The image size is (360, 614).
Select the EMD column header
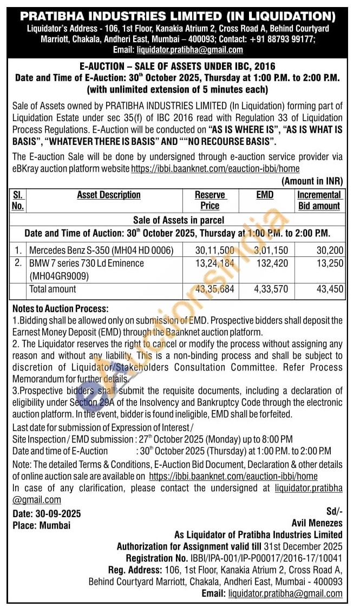click(x=265, y=195)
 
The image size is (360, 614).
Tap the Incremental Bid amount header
click(x=319, y=200)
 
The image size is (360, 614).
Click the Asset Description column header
click(x=109, y=195)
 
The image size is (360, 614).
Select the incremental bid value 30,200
click(x=330, y=250)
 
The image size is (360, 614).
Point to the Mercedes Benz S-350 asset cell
click(x=101, y=250)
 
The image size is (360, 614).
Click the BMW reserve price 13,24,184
click(x=215, y=263)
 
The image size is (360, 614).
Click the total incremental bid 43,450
click(x=330, y=289)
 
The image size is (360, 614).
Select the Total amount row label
click(x=53, y=289)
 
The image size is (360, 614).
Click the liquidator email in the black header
click(x=189, y=50)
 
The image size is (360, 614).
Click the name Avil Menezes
click(x=317, y=523)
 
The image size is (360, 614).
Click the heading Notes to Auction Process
click(x=60, y=309)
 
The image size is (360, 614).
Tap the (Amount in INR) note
click(x=312, y=181)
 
